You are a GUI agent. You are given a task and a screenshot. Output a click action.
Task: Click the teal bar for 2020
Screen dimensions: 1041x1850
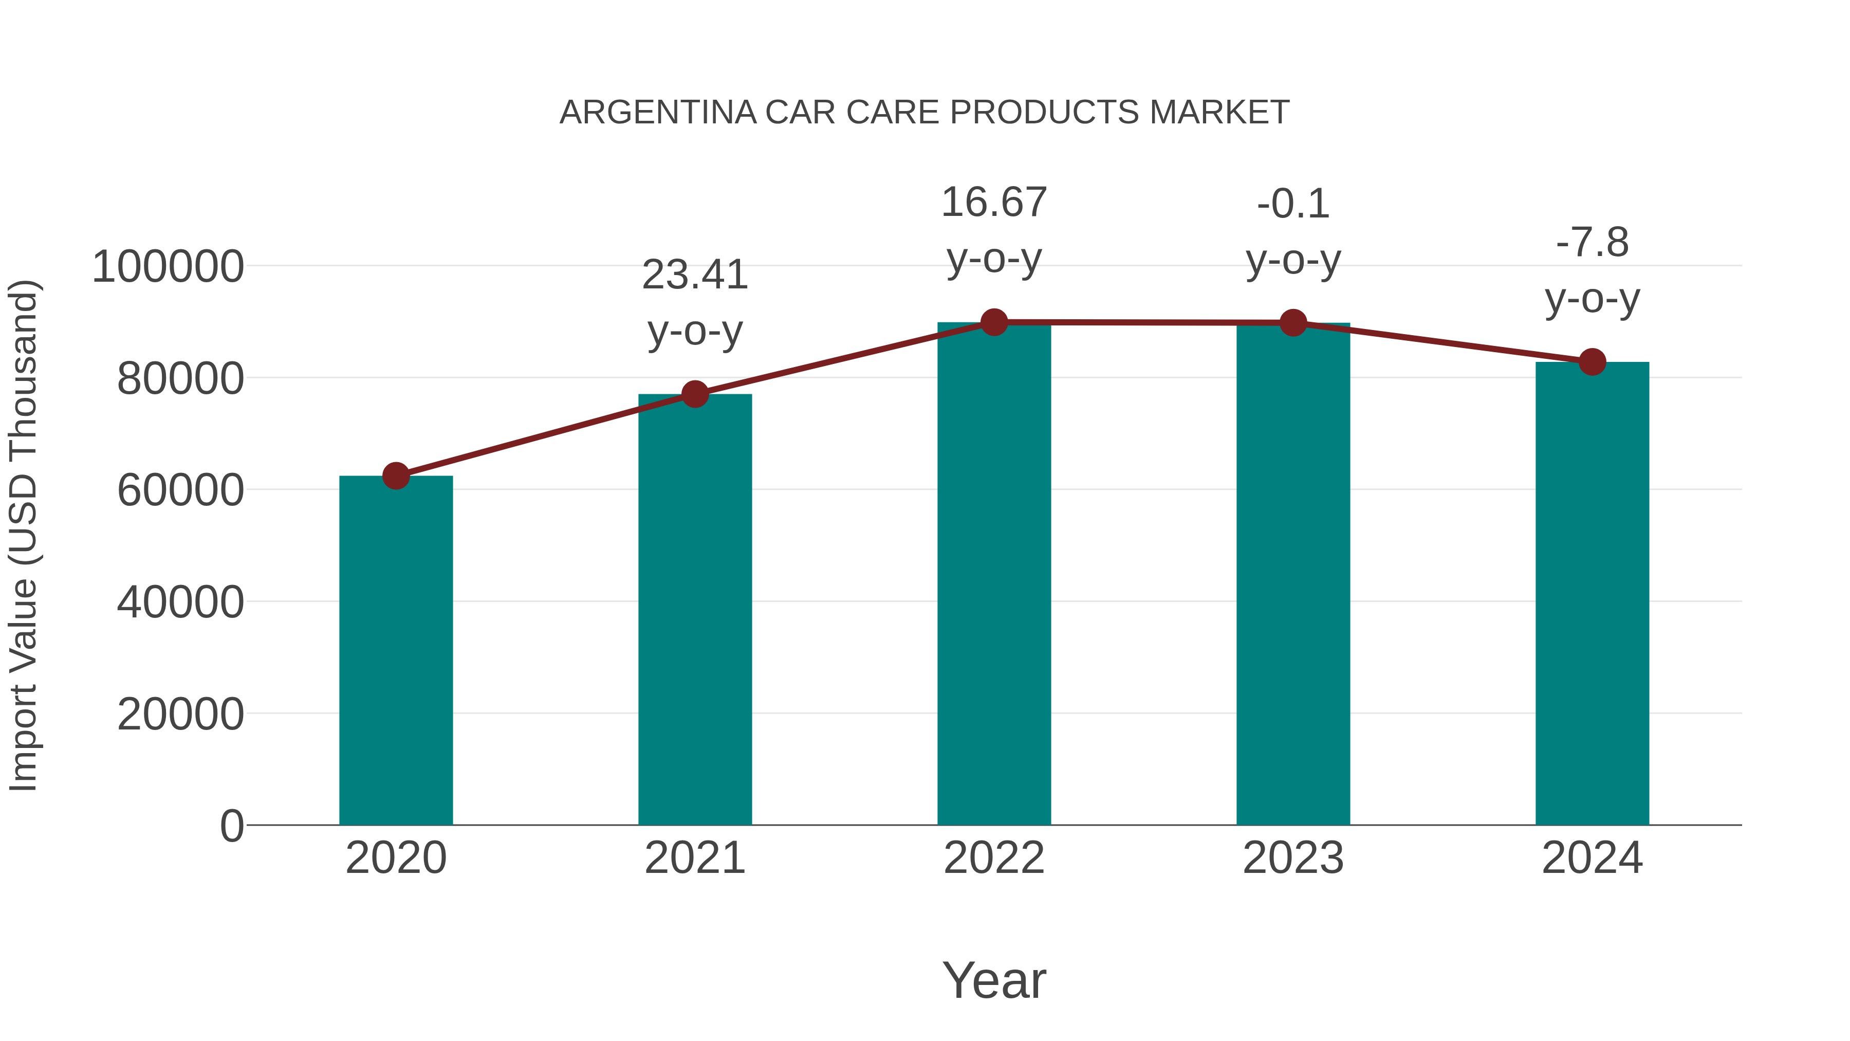tap(396, 650)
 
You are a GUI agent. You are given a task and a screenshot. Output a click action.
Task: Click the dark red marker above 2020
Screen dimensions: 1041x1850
tap(396, 476)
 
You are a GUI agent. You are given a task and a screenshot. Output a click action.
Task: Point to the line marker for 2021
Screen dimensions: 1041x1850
tap(694, 394)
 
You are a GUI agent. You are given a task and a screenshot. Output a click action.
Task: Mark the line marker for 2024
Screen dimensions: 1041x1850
tap(1592, 362)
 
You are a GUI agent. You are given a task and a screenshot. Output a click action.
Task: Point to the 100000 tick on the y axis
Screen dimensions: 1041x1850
tap(168, 266)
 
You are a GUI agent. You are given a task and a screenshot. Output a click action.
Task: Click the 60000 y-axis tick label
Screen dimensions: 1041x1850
tap(180, 491)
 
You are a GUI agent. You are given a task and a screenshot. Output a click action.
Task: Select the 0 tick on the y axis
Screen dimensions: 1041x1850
tap(231, 826)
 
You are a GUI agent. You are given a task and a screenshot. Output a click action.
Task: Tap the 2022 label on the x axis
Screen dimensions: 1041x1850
tap(994, 858)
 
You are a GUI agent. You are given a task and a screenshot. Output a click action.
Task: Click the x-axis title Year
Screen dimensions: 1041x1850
tap(994, 980)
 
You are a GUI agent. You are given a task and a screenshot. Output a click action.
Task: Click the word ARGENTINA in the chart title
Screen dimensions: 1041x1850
tap(658, 113)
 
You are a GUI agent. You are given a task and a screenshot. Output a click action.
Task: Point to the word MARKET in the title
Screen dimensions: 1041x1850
tap(1219, 113)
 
